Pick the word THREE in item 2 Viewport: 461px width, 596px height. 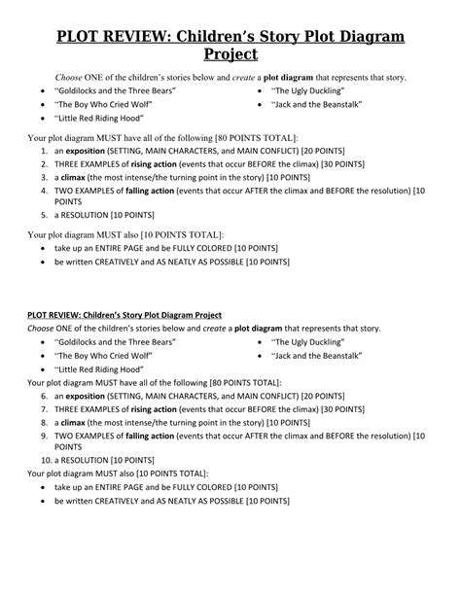pyautogui.click(x=68, y=166)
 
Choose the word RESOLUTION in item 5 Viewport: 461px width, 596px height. pyautogui.click(x=92, y=215)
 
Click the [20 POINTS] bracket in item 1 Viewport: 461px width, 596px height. pyautogui.click(x=302, y=154)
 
